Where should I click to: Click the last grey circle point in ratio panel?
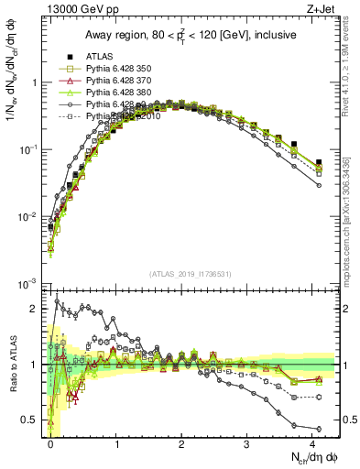(x=319, y=429)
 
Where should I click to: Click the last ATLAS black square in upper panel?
(x=319, y=162)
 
